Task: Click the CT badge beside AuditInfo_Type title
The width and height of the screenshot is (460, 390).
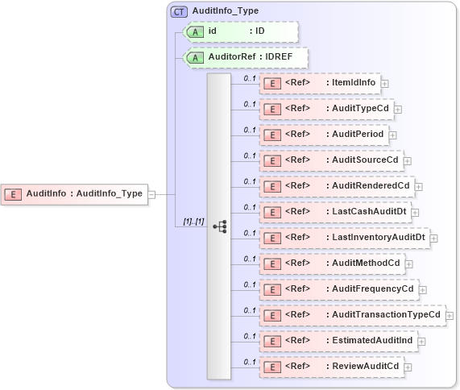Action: click(x=179, y=12)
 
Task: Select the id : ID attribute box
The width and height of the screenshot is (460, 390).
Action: click(x=242, y=31)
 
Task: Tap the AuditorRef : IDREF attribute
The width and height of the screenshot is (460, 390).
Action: click(x=247, y=57)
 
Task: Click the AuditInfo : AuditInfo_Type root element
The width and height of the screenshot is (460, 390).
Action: click(x=76, y=193)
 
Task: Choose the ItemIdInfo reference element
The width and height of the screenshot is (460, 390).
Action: click(x=320, y=82)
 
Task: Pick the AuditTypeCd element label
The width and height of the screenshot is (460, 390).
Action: click(x=326, y=108)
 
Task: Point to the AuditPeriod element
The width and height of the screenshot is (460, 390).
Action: click(x=324, y=134)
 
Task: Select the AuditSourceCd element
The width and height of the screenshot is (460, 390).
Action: click(x=330, y=160)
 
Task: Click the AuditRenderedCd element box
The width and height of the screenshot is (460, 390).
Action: click(x=336, y=185)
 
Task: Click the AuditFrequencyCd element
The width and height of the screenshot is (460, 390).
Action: click(x=338, y=288)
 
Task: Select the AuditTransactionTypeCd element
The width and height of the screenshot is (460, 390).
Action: click(x=351, y=314)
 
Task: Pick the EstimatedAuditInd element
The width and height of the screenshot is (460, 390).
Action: click(x=338, y=340)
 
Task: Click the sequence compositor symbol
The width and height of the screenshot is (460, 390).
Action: click(x=219, y=227)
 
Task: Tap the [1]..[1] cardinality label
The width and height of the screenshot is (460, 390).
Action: click(x=193, y=221)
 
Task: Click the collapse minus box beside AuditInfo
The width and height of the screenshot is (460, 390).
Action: click(x=151, y=193)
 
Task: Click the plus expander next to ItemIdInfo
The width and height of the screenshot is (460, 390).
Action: click(x=385, y=82)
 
